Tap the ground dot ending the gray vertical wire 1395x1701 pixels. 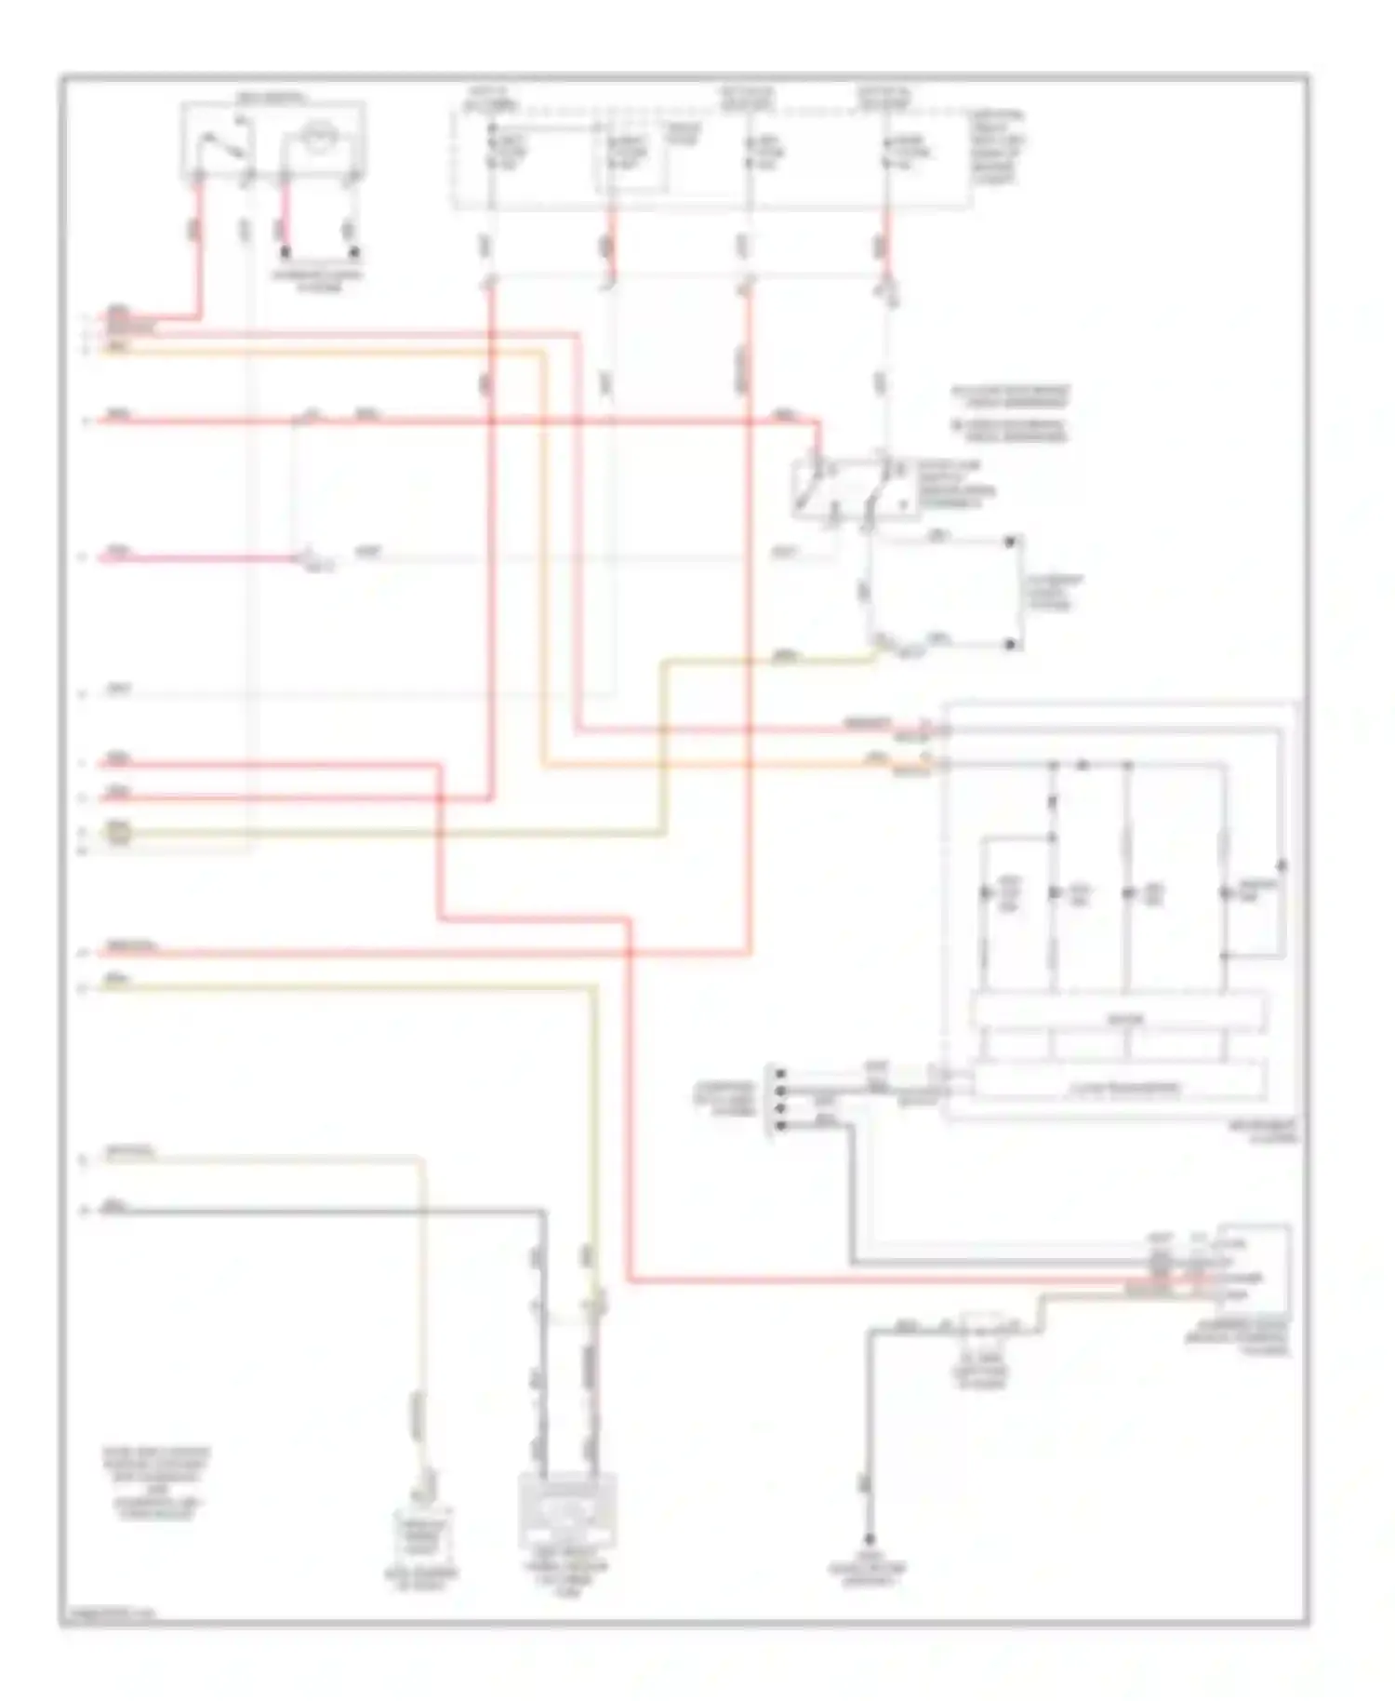pyautogui.click(x=869, y=1540)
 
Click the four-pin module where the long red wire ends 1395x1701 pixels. pyautogui.click(x=1243, y=1269)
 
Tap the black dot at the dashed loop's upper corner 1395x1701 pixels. pyautogui.click(x=1011, y=540)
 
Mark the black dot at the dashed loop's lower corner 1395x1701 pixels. pyautogui.click(x=1011, y=643)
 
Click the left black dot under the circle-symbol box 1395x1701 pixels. pyautogui.click(x=286, y=252)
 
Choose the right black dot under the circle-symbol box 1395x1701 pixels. pyautogui.click(x=353, y=252)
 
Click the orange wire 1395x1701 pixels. pyautogui.click(x=544, y=558)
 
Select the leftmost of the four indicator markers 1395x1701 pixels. pyautogui.click(x=987, y=893)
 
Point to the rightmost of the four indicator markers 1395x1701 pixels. pyautogui.click(x=1225, y=893)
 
